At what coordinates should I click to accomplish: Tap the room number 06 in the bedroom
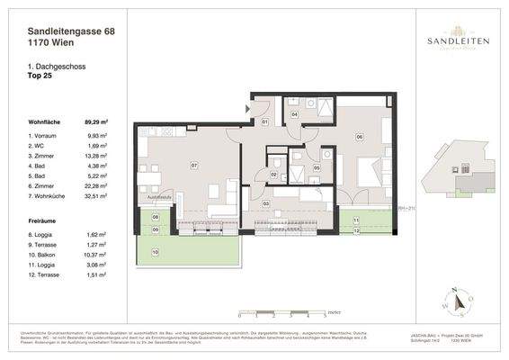tap(359, 137)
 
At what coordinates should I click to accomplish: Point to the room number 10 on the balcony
tap(155, 253)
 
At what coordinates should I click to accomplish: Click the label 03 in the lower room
tap(265, 204)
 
